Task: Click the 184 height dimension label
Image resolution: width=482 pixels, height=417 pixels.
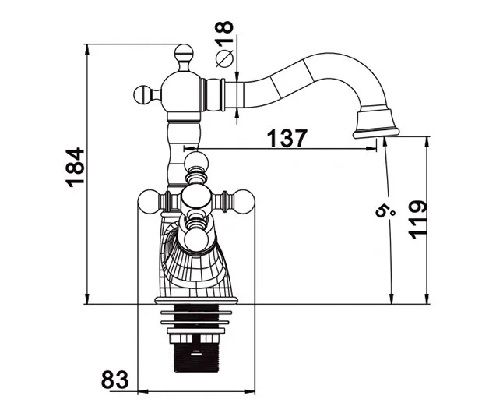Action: (x=75, y=167)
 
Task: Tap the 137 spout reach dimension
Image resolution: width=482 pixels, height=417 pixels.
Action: (x=287, y=139)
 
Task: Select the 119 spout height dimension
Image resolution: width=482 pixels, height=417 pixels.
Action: (x=418, y=220)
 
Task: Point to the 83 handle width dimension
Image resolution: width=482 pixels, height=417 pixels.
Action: (x=114, y=380)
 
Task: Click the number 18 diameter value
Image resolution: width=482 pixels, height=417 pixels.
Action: (x=224, y=27)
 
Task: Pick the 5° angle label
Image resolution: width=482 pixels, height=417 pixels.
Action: (x=385, y=211)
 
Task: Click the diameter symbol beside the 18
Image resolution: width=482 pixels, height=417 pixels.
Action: (x=225, y=58)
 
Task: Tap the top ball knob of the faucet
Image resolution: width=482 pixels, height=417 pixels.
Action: (x=184, y=53)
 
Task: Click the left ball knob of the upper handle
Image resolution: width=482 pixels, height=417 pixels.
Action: (x=143, y=94)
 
